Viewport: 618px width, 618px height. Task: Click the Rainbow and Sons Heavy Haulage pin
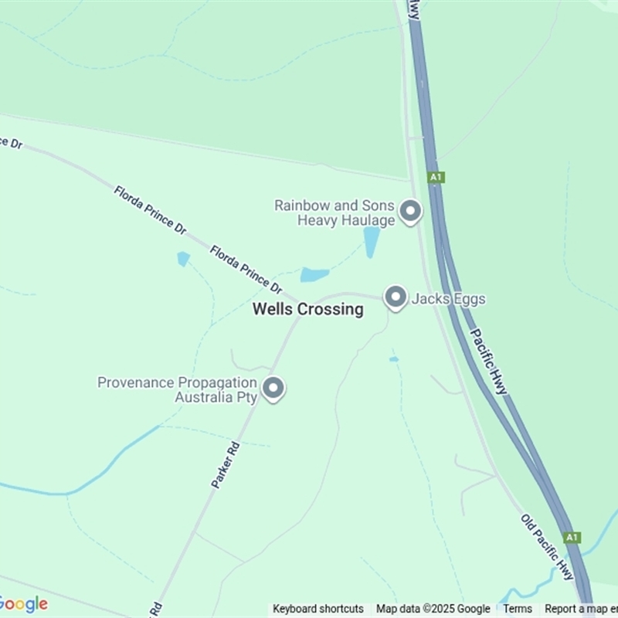pos(410,211)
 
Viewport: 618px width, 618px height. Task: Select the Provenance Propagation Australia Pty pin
pos(273,388)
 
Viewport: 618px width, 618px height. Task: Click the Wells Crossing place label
pos(308,310)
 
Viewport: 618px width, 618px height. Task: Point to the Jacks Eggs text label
pos(448,298)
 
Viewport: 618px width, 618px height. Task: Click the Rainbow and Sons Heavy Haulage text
pos(334,212)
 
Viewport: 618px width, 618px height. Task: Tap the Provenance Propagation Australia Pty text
pos(177,390)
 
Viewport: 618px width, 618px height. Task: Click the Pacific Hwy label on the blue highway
pos(489,361)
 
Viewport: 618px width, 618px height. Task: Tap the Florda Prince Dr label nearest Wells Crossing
pos(246,269)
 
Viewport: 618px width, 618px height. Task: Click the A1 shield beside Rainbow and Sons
pos(436,177)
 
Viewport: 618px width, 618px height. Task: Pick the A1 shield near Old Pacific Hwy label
pos(571,537)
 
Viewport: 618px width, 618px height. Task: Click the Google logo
pos(23,604)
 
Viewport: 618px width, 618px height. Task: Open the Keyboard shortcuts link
pos(318,609)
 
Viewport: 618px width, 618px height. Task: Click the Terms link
pos(517,609)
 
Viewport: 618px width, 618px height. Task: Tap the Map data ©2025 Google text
pos(433,609)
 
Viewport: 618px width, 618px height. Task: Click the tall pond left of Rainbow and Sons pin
pos(372,242)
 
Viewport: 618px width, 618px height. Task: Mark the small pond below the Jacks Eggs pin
pos(394,359)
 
